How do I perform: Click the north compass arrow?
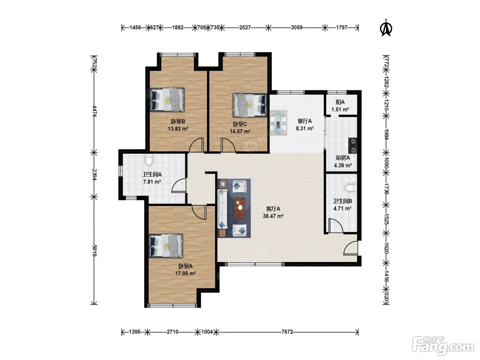tap(386, 28)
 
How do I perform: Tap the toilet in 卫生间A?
tap(149, 159)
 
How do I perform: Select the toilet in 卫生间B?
tap(351, 188)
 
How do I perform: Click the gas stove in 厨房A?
tap(353, 146)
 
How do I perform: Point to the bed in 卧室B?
tap(168, 100)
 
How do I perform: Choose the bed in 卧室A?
tap(166, 246)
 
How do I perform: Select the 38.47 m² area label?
tap(273, 216)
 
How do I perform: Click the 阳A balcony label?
tap(340, 102)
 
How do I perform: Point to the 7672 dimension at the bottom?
tap(287, 332)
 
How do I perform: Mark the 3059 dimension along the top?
tap(297, 27)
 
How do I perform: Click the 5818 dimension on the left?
tap(95, 251)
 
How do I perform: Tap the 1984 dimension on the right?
tap(386, 134)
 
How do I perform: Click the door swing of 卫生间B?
tap(335, 226)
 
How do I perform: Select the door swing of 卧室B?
tap(196, 145)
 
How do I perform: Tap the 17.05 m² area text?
tap(185, 273)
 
